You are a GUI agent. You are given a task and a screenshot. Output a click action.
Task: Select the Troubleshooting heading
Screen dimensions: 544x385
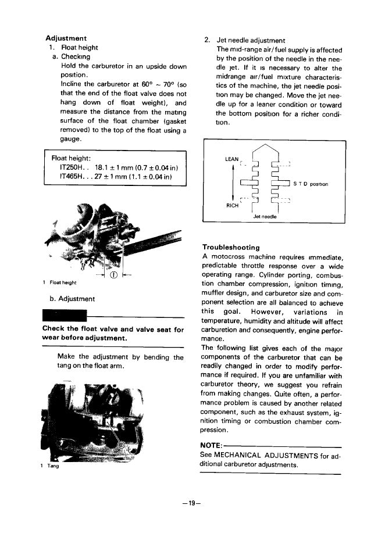coord(231,248)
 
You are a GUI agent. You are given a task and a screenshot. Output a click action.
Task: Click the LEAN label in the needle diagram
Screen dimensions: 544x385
coord(232,159)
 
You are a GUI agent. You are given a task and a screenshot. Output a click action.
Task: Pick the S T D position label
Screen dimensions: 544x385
coord(311,184)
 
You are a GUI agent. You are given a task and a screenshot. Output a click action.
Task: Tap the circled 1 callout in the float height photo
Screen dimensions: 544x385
coord(114,275)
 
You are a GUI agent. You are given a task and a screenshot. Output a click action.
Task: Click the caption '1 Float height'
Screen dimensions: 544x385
coord(60,283)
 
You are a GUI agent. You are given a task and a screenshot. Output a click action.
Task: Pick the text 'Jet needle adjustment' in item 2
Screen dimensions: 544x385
coord(251,41)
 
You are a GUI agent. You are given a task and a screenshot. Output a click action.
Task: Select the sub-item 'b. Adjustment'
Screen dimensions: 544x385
coord(73,299)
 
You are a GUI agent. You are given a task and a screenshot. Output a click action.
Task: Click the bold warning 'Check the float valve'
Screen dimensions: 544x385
coord(87,329)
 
